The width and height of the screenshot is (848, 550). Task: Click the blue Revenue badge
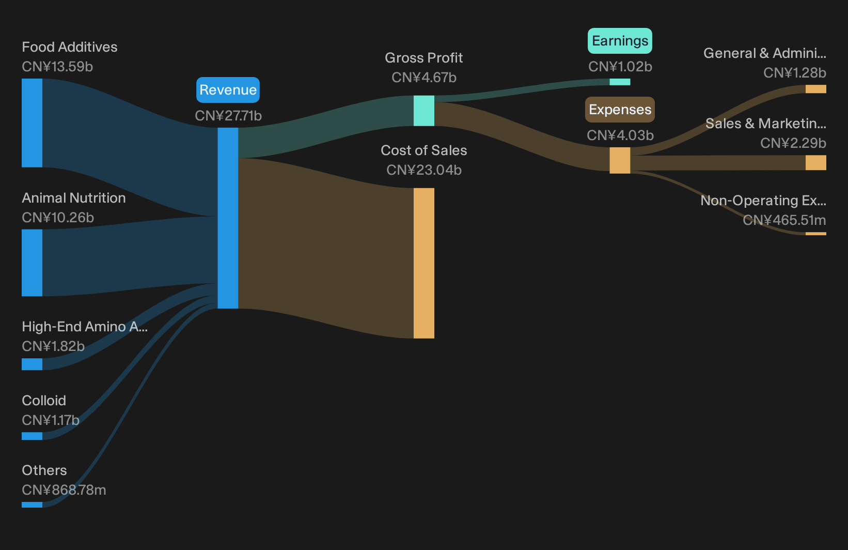click(x=228, y=90)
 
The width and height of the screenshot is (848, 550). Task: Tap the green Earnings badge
click(x=620, y=40)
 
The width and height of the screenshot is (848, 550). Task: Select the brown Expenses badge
click(x=620, y=110)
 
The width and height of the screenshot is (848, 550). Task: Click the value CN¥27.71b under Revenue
click(x=228, y=116)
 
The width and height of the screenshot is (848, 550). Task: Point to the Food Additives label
click(x=70, y=47)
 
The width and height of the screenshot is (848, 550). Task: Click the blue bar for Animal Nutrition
click(x=32, y=263)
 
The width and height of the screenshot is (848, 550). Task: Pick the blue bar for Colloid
click(x=32, y=436)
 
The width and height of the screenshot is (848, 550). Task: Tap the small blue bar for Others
click(x=32, y=505)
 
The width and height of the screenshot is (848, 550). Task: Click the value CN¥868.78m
click(x=64, y=490)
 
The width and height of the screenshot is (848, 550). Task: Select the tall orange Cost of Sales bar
click(x=424, y=263)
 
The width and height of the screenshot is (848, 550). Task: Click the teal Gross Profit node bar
click(x=424, y=111)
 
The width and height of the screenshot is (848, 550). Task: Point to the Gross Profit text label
click(x=424, y=57)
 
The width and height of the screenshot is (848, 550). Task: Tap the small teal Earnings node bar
click(x=620, y=82)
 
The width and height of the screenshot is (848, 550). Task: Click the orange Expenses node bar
click(x=620, y=161)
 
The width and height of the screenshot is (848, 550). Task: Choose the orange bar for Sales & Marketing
click(x=816, y=163)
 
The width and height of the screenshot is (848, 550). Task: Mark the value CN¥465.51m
click(x=784, y=220)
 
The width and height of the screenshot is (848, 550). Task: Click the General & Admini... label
click(x=765, y=53)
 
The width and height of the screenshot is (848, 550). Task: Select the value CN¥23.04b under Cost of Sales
click(x=424, y=170)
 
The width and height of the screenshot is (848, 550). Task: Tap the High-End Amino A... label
click(x=85, y=326)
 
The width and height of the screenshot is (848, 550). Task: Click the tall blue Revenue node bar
click(x=228, y=218)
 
